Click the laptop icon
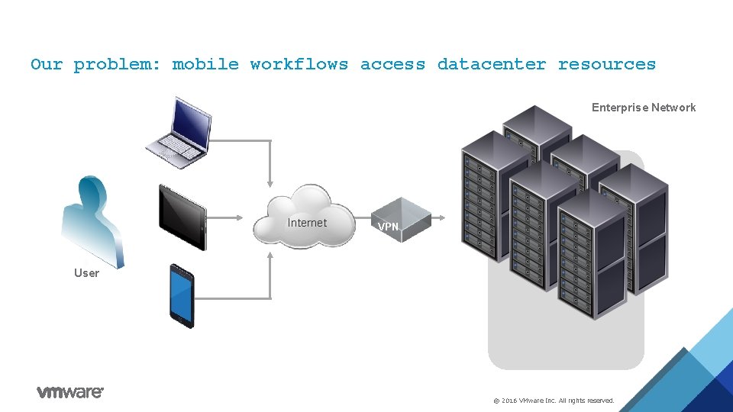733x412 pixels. coord(179,133)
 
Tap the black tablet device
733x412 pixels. coord(182,217)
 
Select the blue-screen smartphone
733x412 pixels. coord(182,296)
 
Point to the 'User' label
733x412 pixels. coord(86,273)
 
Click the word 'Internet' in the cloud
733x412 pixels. coord(307,223)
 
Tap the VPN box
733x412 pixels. coord(401,220)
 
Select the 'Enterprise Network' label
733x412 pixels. coord(643,108)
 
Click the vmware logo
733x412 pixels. coord(70,392)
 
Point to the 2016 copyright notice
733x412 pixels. coord(554,401)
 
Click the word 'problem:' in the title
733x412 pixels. coord(117,64)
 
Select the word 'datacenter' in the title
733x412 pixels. coord(491,64)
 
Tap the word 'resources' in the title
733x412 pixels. coord(607,64)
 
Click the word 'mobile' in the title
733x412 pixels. coord(205,64)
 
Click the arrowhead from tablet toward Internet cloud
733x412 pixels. coord(239,217)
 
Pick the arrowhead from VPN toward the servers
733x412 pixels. coord(441,217)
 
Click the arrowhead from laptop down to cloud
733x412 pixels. coord(270,184)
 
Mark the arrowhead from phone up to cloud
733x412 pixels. coord(270,256)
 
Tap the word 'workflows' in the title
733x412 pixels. coord(299,64)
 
